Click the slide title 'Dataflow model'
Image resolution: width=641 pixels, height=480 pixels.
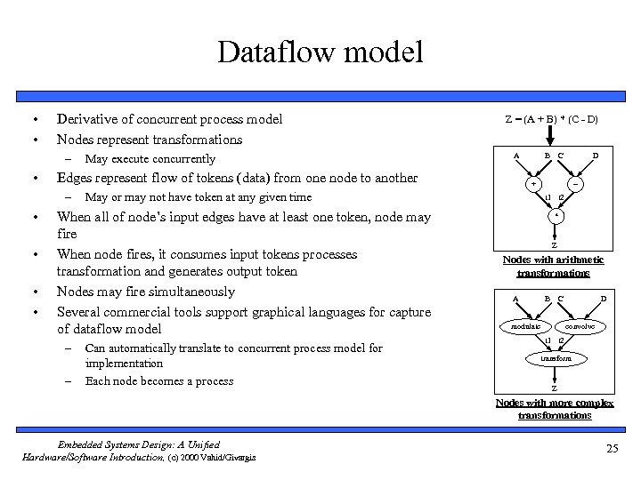pos(320,52)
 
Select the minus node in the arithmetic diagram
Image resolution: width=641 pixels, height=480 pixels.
pos(577,185)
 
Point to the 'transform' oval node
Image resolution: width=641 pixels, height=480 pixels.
pos(554,357)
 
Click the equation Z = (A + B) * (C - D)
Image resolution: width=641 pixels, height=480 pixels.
pos(551,118)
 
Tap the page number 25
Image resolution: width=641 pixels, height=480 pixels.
pos(611,448)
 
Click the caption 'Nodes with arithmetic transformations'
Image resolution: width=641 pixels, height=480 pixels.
pos(553,266)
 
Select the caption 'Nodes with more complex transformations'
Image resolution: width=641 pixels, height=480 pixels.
pos(554,409)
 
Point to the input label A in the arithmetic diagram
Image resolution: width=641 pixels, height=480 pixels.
pos(516,156)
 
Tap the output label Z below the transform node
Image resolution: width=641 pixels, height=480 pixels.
pos(554,388)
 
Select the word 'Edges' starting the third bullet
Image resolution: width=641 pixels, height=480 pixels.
pos(75,178)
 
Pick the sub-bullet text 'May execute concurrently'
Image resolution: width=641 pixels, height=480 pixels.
pos(150,158)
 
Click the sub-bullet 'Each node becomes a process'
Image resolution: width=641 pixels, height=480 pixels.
pos(158,380)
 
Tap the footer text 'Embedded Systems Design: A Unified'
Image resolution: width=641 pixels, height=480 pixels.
pos(138,444)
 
